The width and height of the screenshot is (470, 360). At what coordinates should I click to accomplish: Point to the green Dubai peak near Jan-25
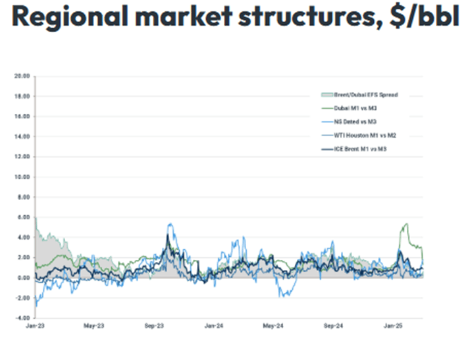(x=405, y=224)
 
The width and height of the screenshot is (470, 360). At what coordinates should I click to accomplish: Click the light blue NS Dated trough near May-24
(x=284, y=296)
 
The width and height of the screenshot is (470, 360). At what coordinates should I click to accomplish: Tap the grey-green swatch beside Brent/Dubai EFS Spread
(x=323, y=95)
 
